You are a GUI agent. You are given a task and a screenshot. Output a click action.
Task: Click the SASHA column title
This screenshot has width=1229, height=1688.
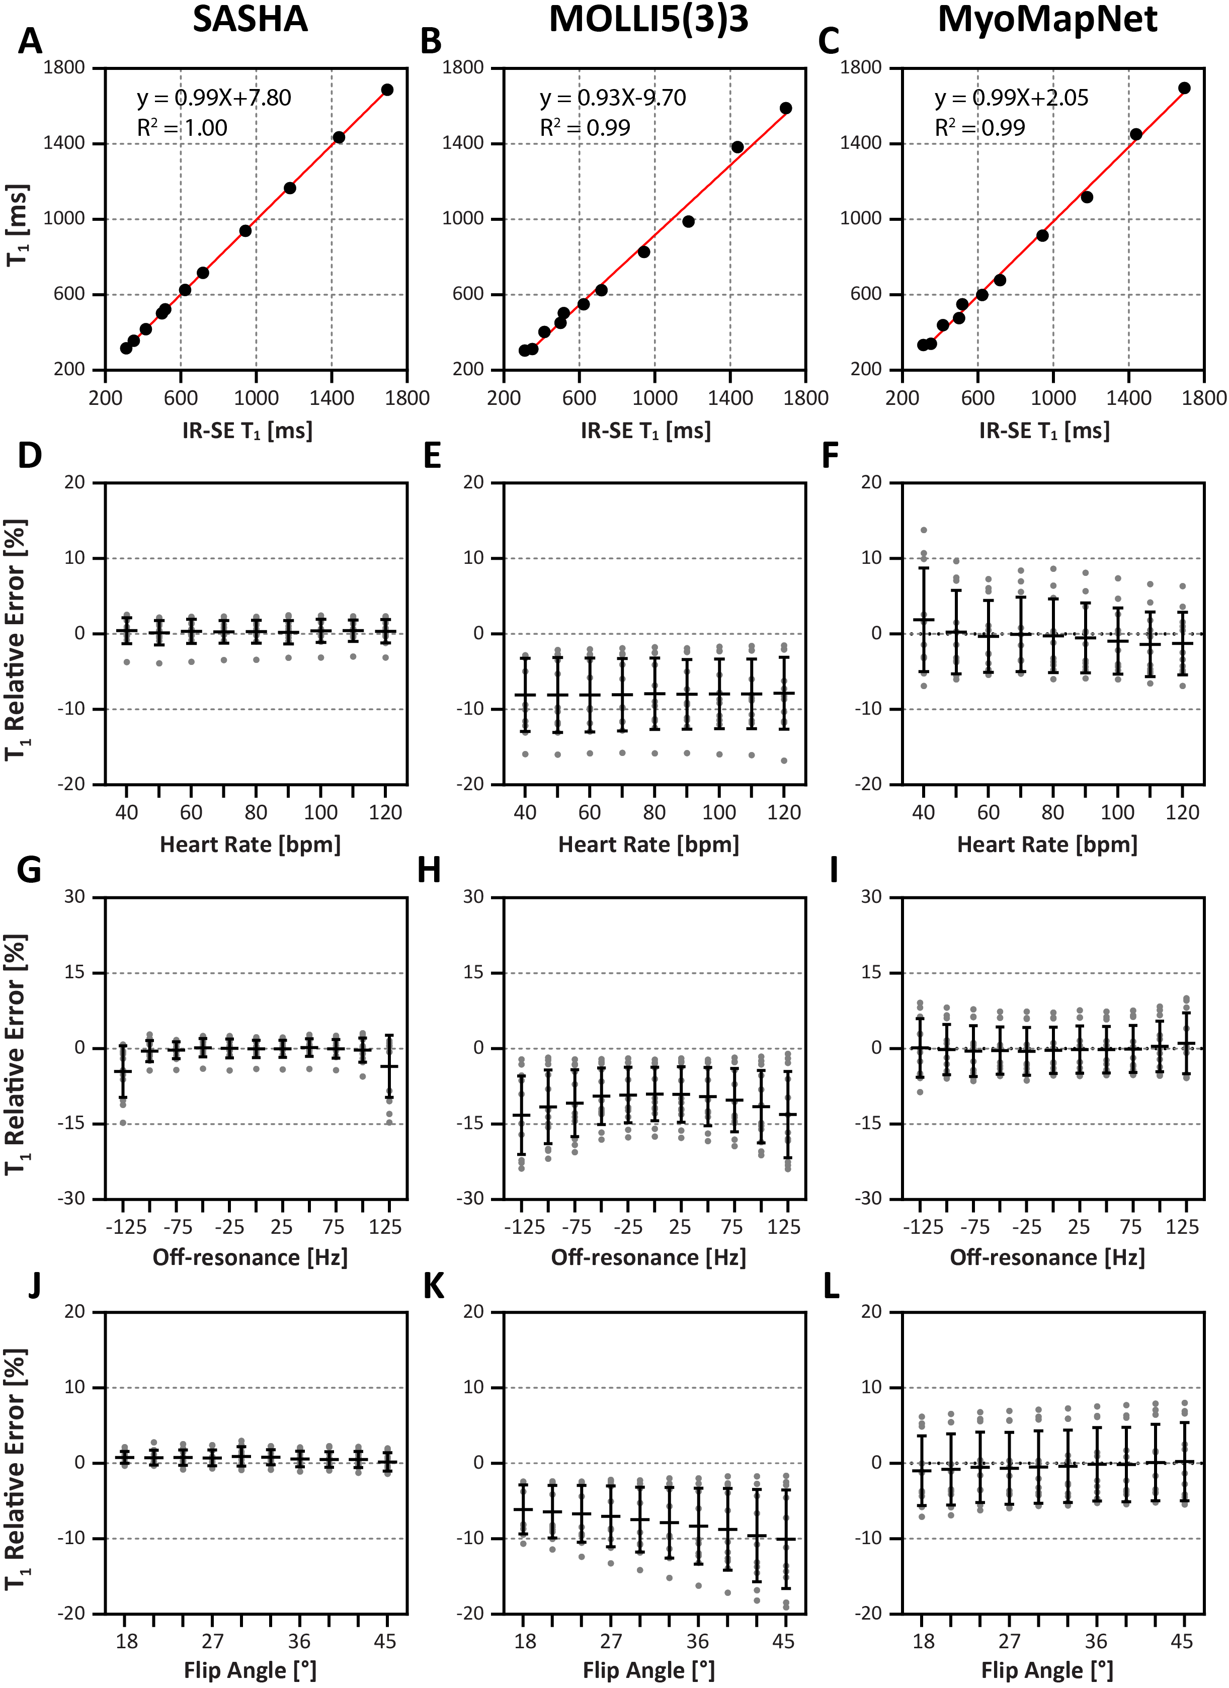coord(250,19)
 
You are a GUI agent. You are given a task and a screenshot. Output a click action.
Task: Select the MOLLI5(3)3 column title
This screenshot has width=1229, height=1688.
coord(648,19)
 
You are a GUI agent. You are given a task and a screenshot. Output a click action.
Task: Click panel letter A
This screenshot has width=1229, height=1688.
coord(30,42)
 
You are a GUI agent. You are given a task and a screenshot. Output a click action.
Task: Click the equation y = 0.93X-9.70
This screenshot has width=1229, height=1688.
coord(613,98)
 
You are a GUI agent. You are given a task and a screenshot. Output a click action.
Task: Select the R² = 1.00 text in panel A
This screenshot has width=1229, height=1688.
coord(183,128)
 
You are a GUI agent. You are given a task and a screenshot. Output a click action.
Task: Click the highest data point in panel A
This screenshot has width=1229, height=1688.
coord(387,90)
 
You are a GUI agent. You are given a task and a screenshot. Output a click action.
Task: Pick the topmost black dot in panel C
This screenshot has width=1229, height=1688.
coord(1184,89)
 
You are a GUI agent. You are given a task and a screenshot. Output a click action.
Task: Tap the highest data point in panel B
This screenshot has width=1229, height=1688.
coord(785,109)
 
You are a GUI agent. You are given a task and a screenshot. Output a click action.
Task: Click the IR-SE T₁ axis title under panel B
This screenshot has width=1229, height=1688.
coord(645,431)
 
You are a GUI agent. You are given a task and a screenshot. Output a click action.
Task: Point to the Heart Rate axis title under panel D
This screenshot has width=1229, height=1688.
coord(250,845)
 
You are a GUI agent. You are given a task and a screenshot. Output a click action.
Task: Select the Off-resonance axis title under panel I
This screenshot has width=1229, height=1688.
coord(1046,1258)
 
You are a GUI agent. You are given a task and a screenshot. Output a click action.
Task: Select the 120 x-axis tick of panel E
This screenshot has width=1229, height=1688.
coord(784,812)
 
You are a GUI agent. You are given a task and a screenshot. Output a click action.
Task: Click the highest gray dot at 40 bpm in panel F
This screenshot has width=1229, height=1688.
coord(924,531)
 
